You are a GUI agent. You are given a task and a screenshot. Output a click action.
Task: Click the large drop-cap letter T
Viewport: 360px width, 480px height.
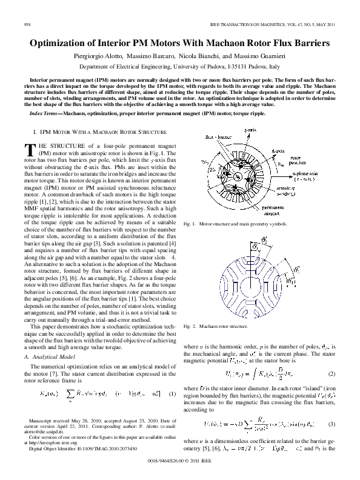click(x=32, y=149)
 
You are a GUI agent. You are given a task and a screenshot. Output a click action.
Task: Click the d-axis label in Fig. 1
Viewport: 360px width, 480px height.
click(x=279, y=151)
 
